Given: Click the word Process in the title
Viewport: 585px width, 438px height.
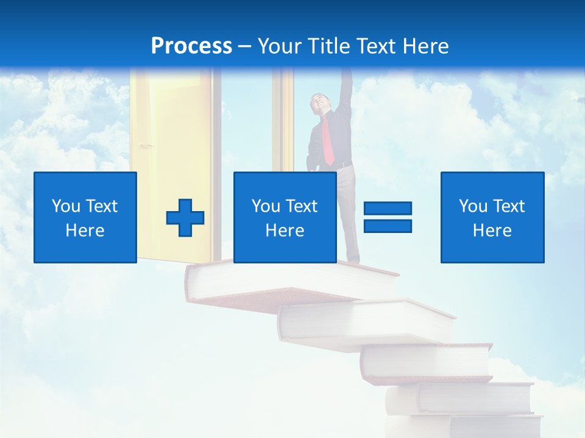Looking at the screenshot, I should (191, 46).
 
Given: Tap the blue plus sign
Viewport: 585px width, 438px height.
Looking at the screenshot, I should (185, 218).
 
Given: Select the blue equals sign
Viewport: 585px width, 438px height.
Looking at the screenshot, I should (388, 217).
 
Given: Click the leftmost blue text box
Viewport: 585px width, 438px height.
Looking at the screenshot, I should (85, 217).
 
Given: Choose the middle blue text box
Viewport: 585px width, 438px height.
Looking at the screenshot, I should (285, 217).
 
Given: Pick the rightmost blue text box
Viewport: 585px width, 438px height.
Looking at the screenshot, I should (492, 217).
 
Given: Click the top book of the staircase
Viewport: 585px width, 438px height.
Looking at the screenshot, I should (268, 283).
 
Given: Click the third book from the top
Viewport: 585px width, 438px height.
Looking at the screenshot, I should (427, 362).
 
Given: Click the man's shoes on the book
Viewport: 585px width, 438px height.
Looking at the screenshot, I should (352, 262).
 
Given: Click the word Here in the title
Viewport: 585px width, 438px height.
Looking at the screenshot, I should (425, 46).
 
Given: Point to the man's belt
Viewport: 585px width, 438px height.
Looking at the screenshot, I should (342, 165).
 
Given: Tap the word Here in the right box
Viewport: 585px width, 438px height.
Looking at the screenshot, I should (492, 231).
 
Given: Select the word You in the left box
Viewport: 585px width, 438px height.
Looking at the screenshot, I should (65, 206).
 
